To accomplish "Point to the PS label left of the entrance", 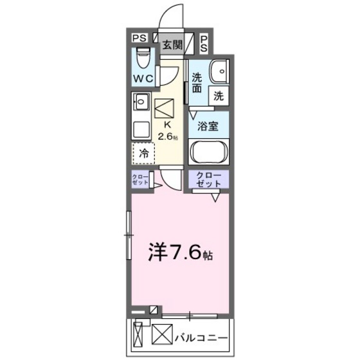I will [x=139, y=39].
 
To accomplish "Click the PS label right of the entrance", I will [x=203, y=43].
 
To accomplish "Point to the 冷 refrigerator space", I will [x=145, y=154].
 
